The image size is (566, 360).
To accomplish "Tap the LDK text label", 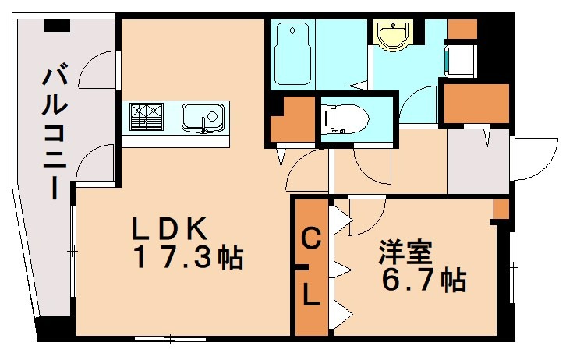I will point(169,229).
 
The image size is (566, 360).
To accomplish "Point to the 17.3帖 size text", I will point(187,257).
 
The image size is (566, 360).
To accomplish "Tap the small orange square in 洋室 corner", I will point(501,209).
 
